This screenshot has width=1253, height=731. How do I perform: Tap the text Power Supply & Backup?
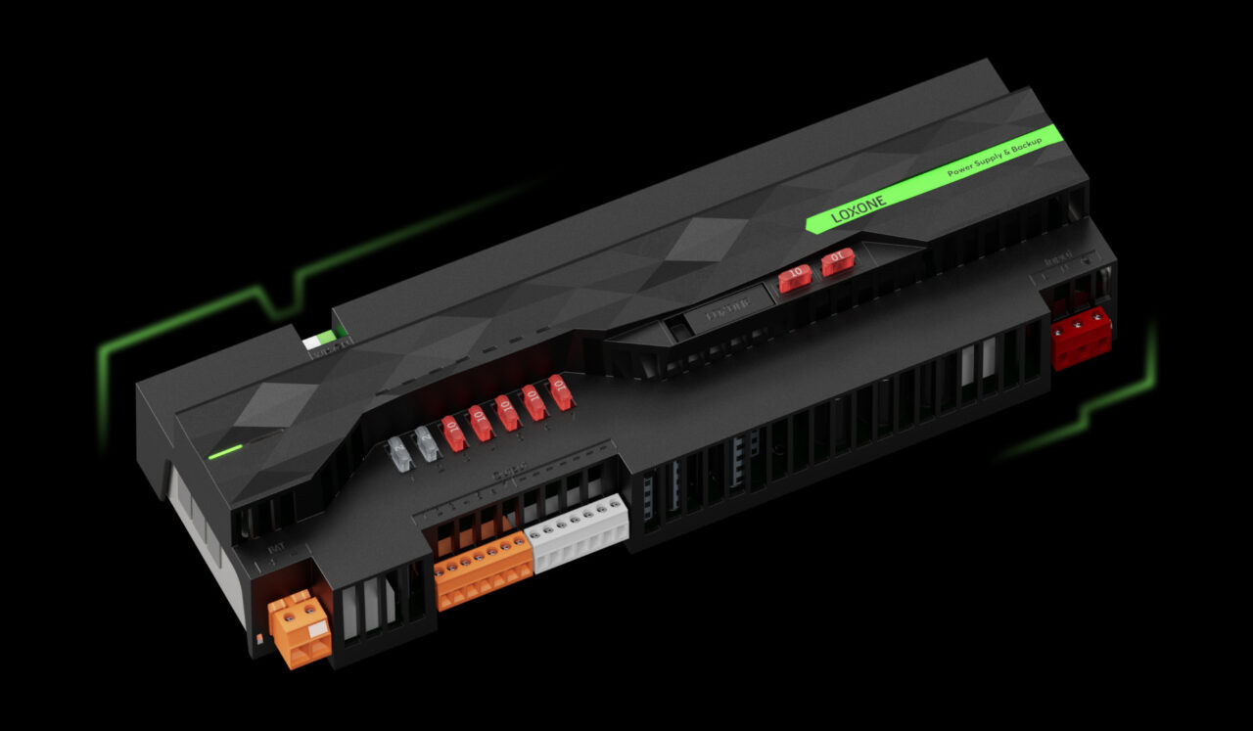[994, 158]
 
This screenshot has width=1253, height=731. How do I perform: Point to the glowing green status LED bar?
[225, 451]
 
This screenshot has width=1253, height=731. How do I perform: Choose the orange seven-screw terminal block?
[484, 570]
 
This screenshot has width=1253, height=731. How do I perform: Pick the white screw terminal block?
[578, 532]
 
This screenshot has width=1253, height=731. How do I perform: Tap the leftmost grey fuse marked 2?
[398, 451]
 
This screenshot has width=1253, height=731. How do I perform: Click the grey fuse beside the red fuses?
[427, 443]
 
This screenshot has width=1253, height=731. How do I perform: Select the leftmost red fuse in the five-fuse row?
[452, 434]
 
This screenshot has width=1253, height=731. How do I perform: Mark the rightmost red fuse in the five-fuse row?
[560, 391]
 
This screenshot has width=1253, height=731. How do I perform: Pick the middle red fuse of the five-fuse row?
[507, 412]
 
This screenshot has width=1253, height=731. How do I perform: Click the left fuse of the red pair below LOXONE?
[794, 277]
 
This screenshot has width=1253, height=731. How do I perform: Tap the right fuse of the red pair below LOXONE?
[837, 261]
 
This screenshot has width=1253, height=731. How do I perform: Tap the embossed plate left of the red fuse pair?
[723, 309]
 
